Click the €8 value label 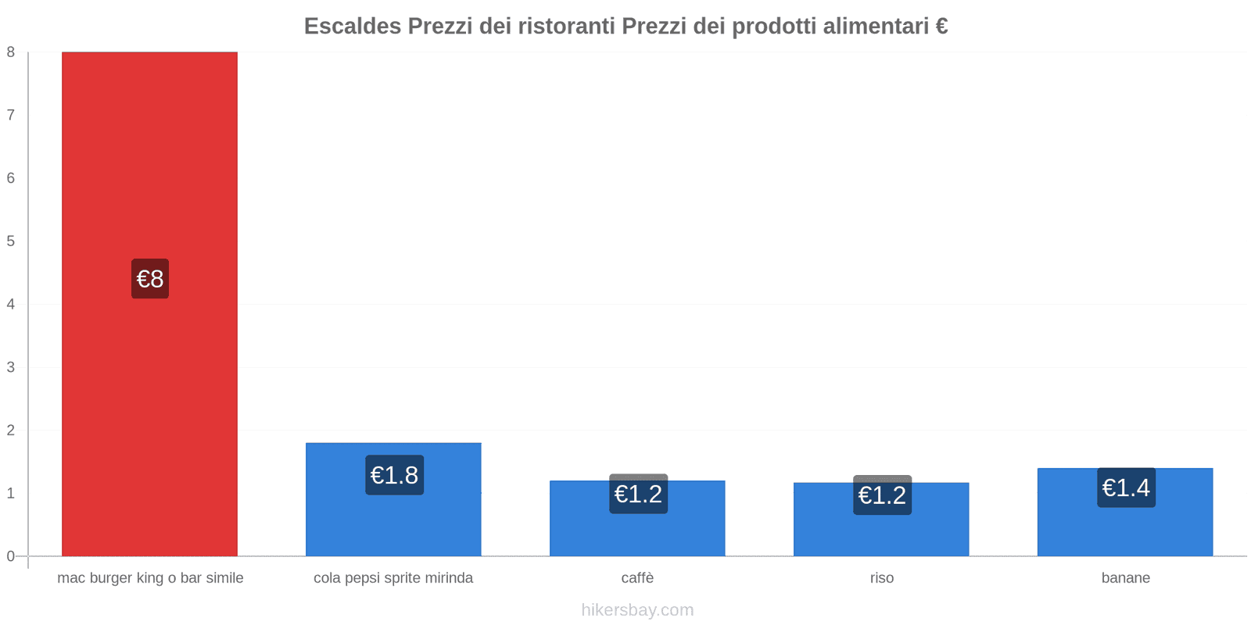pyautogui.click(x=149, y=279)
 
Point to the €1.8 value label pyautogui.click(x=394, y=475)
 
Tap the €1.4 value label pyautogui.click(x=1126, y=487)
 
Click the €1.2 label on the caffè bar pyautogui.click(x=638, y=494)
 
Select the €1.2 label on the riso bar pyautogui.click(x=882, y=495)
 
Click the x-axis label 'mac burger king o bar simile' pyautogui.click(x=150, y=578)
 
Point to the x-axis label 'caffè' pyautogui.click(x=637, y=578)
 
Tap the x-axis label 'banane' pyautogui.click(x=1125, y=578)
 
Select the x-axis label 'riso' pyautogui.click(x=881, y=578)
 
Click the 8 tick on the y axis pyautogui.click(x=11, y=52)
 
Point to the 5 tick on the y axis pyautogui.click(x=11, y=241)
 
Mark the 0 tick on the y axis pyautogui.click(x=11, y=556)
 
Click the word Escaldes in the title pyautogui.click(x=352, y=27)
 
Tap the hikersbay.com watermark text pyautogui.click(x=637, y=610)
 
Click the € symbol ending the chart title pyautogui.click(x=941, y=27)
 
